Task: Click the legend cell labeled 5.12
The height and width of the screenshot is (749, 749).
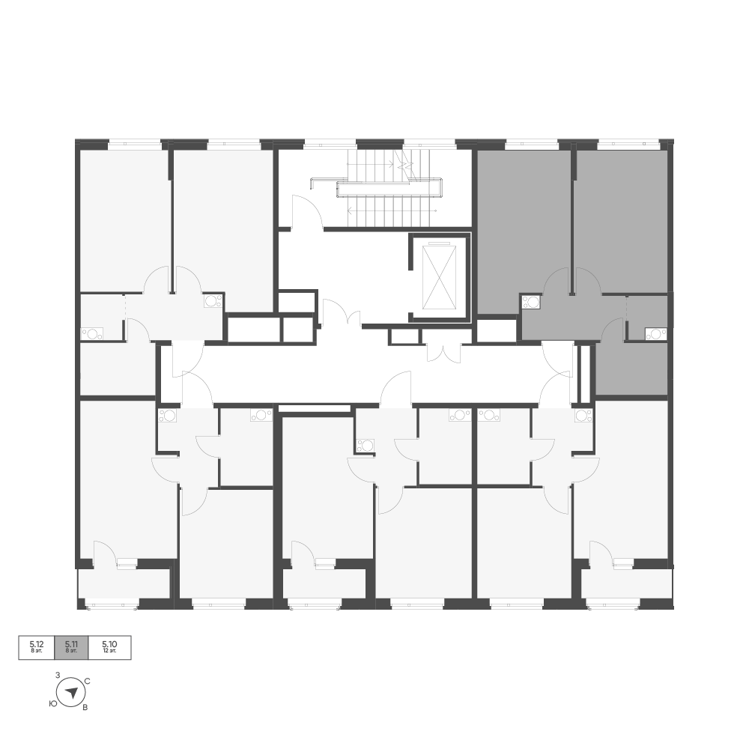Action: [37, 648]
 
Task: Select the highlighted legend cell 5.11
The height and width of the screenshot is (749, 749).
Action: [72, 648]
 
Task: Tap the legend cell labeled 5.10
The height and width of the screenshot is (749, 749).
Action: [109, 648]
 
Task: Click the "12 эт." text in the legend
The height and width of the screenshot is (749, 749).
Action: [109, 651]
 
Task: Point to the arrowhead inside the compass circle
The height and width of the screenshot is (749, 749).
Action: [72, 691]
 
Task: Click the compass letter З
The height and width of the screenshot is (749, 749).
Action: [58, 676]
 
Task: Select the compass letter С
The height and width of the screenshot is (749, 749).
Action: [88, 681]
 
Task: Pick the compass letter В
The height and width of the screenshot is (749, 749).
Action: [85, 708]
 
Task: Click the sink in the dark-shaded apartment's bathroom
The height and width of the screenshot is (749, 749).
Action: [655, 333]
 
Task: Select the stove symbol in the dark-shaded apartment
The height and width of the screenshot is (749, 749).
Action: [531, 302]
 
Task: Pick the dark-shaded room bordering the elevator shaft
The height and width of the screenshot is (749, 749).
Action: [524, 231]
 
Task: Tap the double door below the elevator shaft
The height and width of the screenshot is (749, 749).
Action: [444, 352]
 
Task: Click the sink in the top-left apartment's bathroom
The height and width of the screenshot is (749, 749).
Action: [91, 333]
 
